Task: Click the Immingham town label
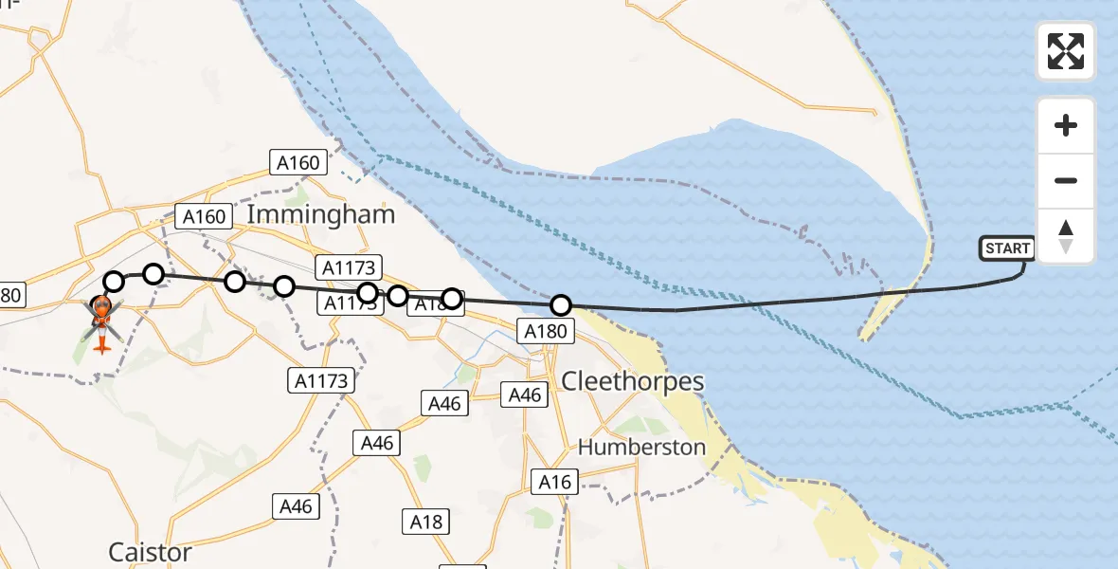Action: (x=320, y=214)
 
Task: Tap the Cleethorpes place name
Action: (x=633, y=381)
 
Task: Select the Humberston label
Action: (x=641, y=447)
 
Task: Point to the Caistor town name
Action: (x=150, y=552)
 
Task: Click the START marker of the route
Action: (x=1006, y=248)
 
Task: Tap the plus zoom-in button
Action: (x=1066, y=125)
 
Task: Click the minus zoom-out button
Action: (x=1066, y=180)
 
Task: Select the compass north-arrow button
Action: (x=1066, y=236)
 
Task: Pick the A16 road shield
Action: (x=554, y=482)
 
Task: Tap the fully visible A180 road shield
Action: (x=546, y=331)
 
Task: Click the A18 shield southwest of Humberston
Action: (x=425, y=521)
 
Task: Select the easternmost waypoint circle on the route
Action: (x=561, y=305)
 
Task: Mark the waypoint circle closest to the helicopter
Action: (x=114, y=282)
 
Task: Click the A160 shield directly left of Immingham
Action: (x=205, y=216)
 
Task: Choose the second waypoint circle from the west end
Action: (x=153, y=274)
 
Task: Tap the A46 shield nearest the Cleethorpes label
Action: (x=525, y=395)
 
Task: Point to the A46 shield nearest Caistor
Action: (x=296, y=506)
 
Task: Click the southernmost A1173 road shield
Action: (x=320, y=381)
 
